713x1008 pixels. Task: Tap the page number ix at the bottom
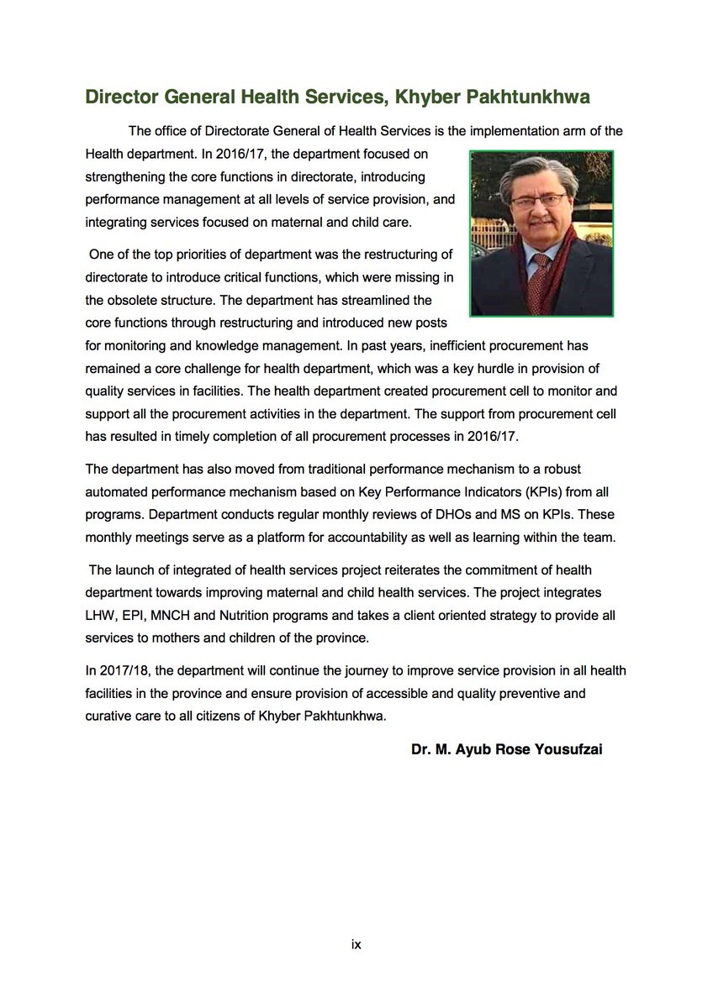point(356,944)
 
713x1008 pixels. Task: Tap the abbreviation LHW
point(101,616)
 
